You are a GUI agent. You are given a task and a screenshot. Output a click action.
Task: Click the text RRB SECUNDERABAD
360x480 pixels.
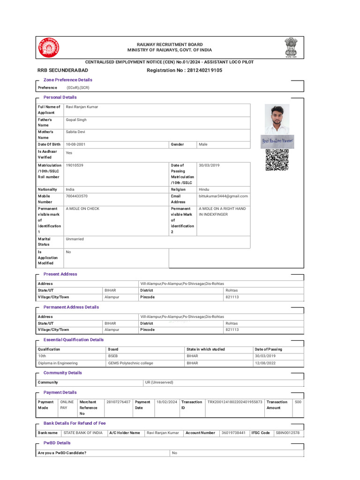[62, 70]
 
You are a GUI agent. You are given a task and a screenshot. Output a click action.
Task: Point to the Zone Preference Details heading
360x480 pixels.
[67, 80]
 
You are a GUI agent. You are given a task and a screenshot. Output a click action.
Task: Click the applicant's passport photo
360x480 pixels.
[277, 119]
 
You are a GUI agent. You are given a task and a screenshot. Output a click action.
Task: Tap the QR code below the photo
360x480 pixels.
[277, 160]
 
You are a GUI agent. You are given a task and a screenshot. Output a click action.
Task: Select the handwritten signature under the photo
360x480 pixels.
[277, 141]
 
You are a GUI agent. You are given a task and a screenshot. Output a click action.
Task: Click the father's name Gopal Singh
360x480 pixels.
[76, 120]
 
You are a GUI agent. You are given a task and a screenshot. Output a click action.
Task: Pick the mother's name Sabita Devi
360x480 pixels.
[76, 133]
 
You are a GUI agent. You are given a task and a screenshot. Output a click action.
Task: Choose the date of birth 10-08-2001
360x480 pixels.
[77, 144]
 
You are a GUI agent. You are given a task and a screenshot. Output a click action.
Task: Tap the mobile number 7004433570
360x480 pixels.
[77, 196]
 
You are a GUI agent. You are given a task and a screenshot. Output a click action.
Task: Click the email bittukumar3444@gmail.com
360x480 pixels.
[223, 196]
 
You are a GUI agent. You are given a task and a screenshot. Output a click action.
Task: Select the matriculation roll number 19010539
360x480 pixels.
[75, 165]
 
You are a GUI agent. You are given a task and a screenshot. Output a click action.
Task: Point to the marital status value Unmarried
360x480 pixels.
[75, 239]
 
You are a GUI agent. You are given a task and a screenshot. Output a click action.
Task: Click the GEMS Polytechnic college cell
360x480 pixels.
[130, 363]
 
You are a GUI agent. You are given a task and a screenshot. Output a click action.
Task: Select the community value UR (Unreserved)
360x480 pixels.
[159, 382]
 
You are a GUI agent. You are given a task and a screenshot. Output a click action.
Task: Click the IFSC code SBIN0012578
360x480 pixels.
[287, 433]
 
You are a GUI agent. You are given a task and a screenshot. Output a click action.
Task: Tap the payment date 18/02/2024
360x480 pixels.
[166, 402]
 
